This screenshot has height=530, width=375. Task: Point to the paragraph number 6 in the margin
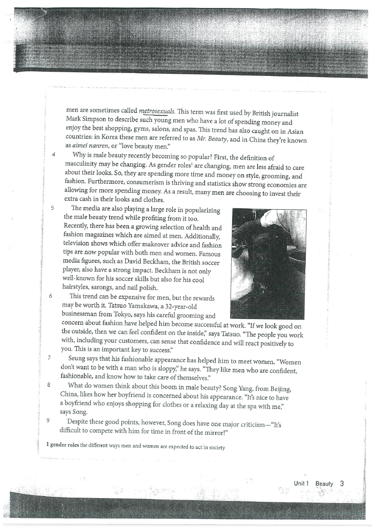pos(50,295)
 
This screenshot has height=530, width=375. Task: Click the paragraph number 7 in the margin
pos(50,358)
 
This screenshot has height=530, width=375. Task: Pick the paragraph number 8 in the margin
pos(50,384)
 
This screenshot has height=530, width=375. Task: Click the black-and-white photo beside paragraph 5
pos(268,264)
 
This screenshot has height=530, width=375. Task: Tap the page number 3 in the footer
pos(342,483)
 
